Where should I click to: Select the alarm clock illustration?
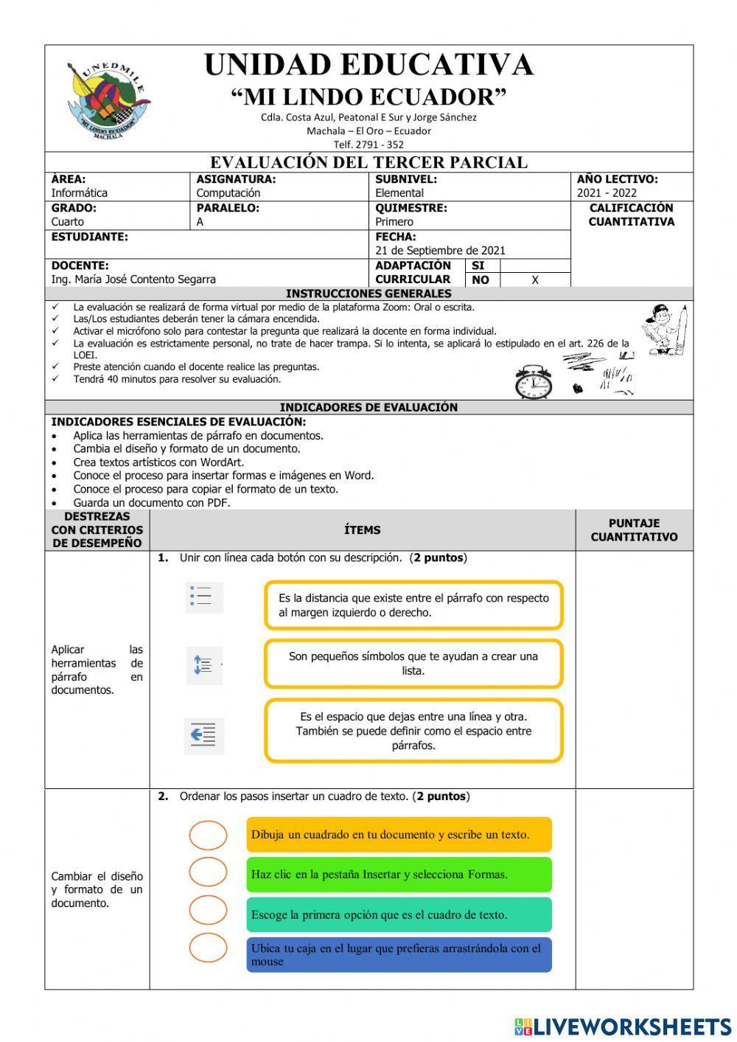pos(533,382)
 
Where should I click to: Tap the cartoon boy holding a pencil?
pos(666,330)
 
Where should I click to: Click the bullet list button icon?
pos(203,597)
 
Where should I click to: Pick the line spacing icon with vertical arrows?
pos(203,665)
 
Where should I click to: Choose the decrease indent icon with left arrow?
pos(203,734)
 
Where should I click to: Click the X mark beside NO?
pos(535,280)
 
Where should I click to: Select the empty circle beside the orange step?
pos(208,835)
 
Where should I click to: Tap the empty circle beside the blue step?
pos(208,948)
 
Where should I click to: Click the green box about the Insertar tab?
pos(399,875)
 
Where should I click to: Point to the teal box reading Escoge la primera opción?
pos(399,914)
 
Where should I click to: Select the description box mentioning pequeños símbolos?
pos(413,664)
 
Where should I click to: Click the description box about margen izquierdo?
pos(413,605)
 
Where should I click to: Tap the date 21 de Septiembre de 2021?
pos(440,251)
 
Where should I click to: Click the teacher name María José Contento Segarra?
pos(133,279)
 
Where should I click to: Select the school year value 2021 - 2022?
pos(607,193)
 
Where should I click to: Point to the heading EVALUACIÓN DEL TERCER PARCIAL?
pos(368,162)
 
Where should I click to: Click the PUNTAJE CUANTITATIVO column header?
pos(634,530)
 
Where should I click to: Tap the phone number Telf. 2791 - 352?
pos(368,145)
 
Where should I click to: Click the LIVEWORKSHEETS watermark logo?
pos(623,1027)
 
